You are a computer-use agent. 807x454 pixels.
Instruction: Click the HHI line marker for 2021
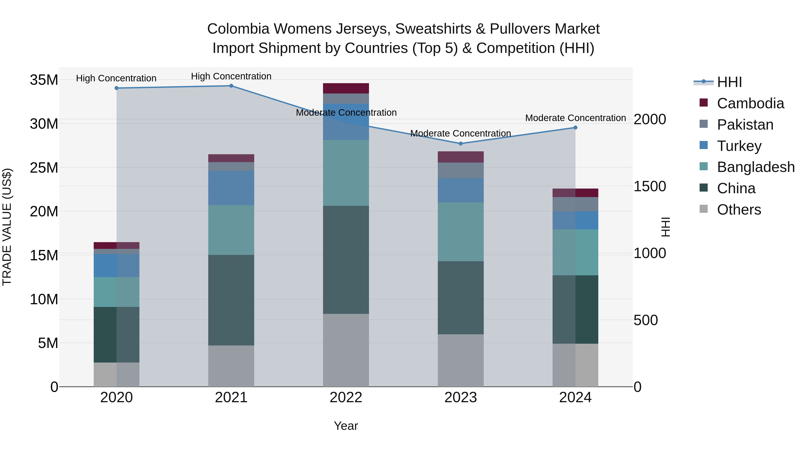pos(231,86)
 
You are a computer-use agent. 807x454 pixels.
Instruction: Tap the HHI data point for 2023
pos(460,143)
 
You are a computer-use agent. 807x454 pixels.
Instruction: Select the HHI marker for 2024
pos(575,128)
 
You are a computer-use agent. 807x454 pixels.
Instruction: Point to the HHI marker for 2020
pos(117,88)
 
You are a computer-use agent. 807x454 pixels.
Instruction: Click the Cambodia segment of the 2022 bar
pos(346,88)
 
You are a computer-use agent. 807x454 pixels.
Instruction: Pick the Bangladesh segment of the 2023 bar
pos(460,232)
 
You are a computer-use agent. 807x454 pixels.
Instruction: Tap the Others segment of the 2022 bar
pos(346,350)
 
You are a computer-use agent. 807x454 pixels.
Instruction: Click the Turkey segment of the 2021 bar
pos(231,188)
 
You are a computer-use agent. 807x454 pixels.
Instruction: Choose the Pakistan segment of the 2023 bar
pos(460,170)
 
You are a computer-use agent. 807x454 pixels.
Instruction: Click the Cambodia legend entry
pos(750,103)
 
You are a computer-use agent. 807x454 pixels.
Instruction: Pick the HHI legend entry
pos(729,82)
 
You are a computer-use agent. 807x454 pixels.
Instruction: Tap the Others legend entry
pos(739,210)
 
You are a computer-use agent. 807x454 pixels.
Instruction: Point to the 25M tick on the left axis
pos(44,168)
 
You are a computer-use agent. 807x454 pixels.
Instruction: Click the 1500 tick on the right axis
pos(649,187)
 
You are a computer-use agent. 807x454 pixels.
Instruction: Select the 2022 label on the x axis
pos(346,398)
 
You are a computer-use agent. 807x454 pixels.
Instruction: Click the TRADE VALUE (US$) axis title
pos(7,227)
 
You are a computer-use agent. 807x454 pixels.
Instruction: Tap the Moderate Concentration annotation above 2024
pos(575,118)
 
